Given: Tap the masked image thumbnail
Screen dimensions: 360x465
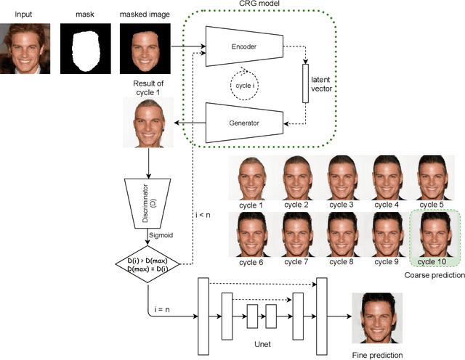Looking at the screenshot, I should (141, 45).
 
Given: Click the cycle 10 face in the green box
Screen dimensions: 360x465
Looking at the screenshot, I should (433, 232).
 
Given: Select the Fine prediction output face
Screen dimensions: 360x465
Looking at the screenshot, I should (375, 318).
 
